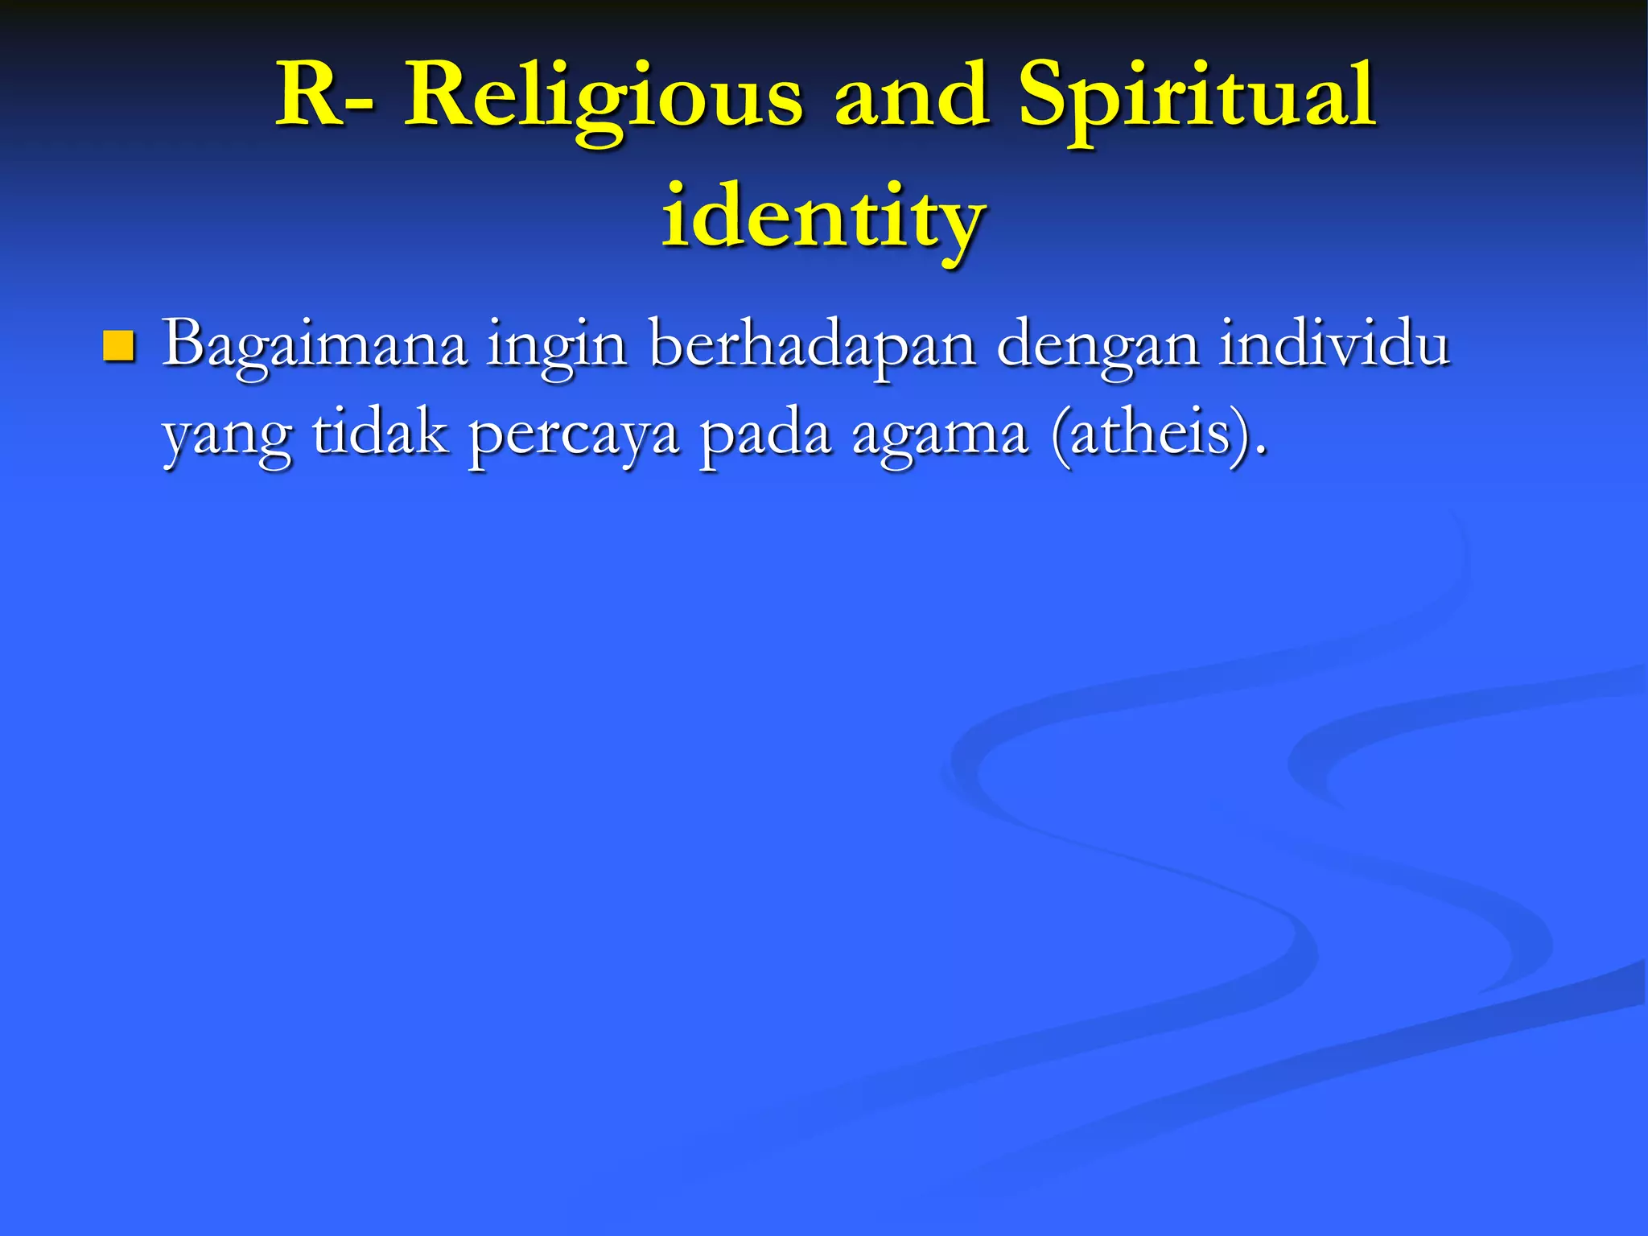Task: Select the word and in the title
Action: click(x=911, y=97)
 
